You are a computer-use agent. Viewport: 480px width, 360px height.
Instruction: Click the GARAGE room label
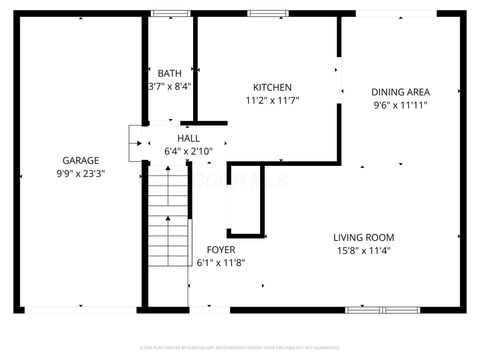click(x=79, y=160)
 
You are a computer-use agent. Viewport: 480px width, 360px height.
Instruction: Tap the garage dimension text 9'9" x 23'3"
click(x=79, y=173)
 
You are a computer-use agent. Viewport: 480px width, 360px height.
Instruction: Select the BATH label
click(x=170, y=73)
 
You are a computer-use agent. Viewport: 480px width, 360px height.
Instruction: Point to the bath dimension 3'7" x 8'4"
click(x=169, y=86)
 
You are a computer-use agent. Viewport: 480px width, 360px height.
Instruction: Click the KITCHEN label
click(x=272, y=87)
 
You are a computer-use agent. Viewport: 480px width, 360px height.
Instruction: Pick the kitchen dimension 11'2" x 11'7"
click(x=272, y=100)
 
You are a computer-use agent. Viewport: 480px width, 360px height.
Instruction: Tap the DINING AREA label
click(x=400, y=91)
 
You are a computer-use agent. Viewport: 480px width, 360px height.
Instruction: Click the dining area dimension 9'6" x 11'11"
click(x=400, y=104)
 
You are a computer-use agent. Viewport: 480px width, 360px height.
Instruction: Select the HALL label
click(x=188, y=138)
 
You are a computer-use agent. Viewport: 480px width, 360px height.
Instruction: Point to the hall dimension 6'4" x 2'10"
click(x=188, y=151)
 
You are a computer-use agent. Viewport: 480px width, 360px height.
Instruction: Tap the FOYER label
click(x=221, y=249)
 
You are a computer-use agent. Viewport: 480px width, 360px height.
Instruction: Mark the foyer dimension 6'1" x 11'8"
click(x=221, y=262)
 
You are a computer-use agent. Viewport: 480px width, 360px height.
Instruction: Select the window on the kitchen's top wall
click(x=263, y=13)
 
